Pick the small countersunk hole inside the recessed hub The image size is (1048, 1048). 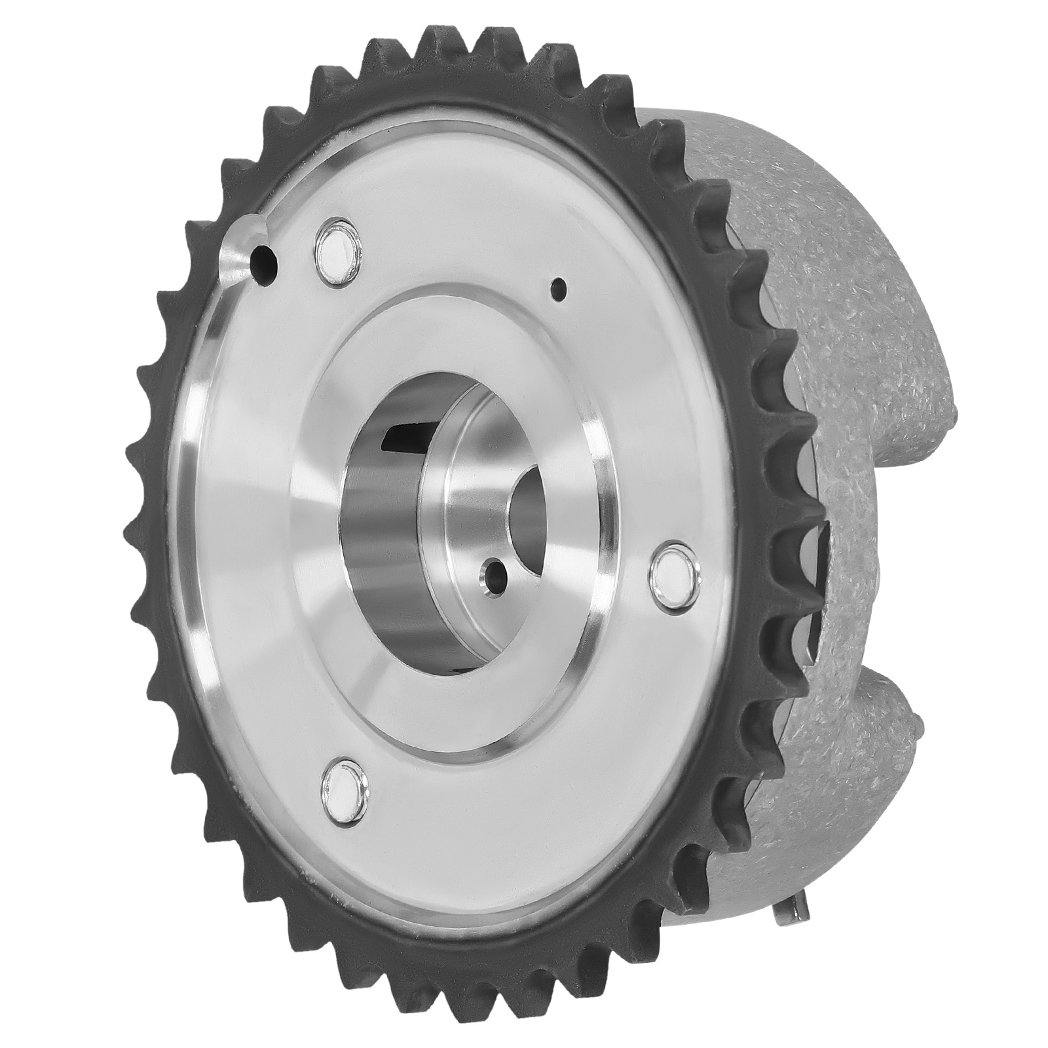click(x=493, y=576)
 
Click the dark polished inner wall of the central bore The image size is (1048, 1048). click(x=380, y=557)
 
